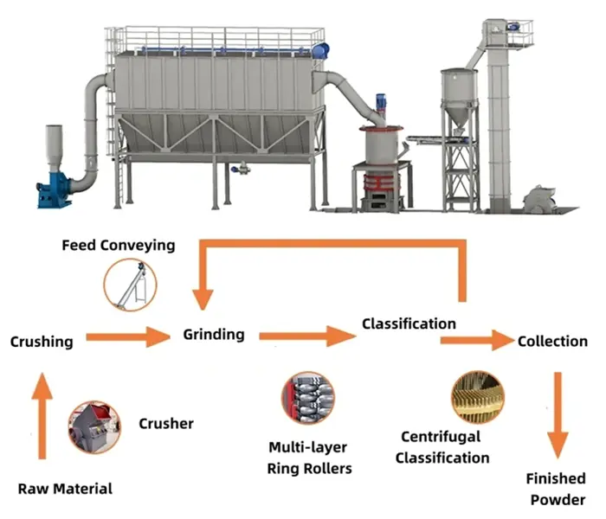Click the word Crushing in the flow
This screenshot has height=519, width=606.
42,342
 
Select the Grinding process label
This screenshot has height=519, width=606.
214,334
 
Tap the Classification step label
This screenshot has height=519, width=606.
409,324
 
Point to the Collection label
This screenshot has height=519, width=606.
552,341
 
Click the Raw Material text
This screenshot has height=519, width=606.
66,489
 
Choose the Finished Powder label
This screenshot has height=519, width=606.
556,489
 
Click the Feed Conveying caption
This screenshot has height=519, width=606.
118,245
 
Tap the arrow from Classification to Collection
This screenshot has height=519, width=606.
477,340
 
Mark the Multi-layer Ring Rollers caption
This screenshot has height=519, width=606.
310,458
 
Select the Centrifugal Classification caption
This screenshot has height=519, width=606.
442,447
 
